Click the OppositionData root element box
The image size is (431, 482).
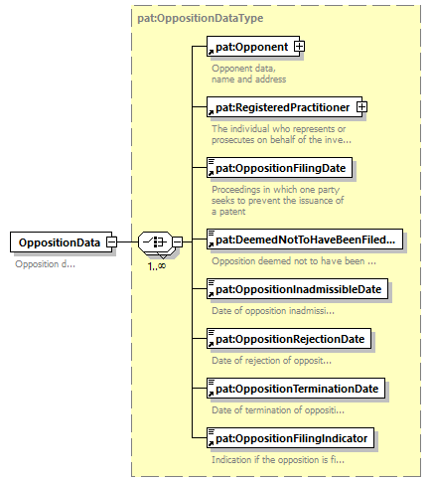click(x=61, y=242)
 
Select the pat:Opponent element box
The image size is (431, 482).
click(x=253, y=47)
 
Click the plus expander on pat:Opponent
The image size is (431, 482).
click(x=299, y=47)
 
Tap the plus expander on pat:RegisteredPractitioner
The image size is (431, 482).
click(x=361, y=107)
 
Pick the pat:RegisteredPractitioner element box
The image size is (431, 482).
click(x=284, y=107)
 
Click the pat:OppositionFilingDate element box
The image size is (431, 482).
click(x=279, y=168)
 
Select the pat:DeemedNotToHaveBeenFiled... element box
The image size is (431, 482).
click(x=305, y=240)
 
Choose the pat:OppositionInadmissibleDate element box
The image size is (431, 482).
click(x=297, y=289)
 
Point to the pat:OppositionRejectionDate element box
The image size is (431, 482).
click(x=289, y=339)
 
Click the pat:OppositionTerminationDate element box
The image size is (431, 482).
click(x=296, y=389)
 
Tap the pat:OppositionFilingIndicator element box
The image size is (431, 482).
click(x=290, y=438)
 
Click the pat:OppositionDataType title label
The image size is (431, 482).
click(x=201, y=18)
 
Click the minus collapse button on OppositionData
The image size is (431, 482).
click(x=112, y=241)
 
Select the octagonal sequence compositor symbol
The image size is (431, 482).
click(x=155, y=242)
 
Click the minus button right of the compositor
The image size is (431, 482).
click(x=178, y=241)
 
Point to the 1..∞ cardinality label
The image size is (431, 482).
click(x=157, y=266)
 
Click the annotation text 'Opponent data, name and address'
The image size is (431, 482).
click(x=248, y=74)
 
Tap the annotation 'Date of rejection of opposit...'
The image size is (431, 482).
click(x=271, y=360)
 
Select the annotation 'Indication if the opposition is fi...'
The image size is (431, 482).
click(x=278, y=460)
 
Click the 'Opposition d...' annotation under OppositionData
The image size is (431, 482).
click(x=45, y=264)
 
